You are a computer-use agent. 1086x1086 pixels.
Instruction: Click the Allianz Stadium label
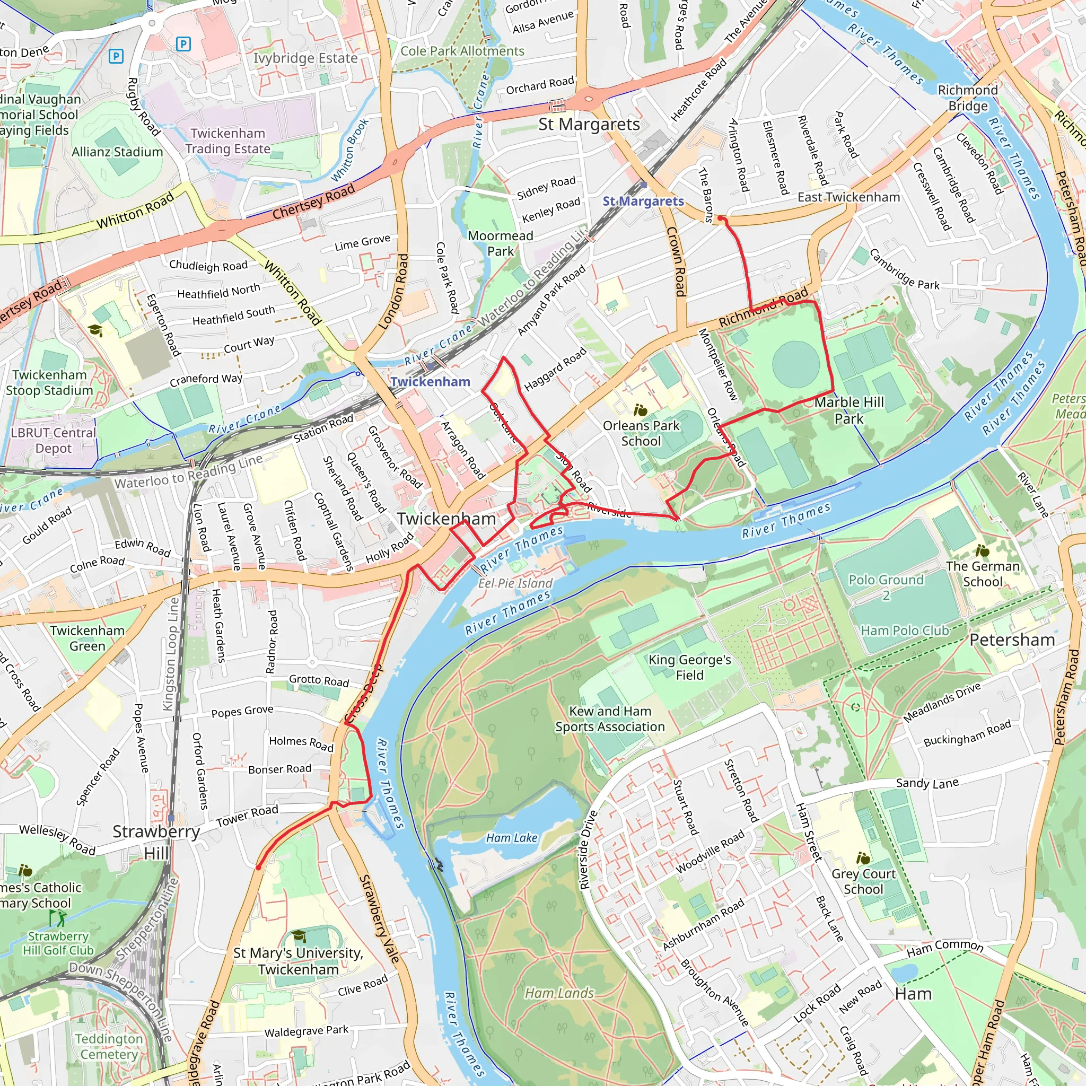(x=117, y=152)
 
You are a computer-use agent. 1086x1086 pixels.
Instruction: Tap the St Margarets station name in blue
(x=643, y=201)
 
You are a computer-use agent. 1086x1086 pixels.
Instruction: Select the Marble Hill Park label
(x=849, y=410)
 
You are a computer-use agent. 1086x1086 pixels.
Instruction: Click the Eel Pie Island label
(x=515, y=583)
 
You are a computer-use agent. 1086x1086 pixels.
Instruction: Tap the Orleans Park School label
(x=641, y=433)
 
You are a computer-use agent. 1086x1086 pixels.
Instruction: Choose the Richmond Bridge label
(x=967, y=98)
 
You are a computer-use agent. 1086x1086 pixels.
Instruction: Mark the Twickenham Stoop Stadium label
(x=49, y=383)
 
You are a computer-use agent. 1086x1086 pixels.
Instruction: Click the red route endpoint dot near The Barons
(x=720, y=218)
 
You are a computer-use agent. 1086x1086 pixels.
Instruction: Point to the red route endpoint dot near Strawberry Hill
(x=259, y=868)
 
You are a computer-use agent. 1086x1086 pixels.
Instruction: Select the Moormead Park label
(x=500, y=243)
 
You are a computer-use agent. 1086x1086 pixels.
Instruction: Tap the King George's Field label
(x=690, y=667)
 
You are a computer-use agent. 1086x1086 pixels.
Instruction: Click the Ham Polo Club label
(x=905, y=630)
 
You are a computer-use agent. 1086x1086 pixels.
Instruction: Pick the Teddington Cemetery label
(x=109, y=1047)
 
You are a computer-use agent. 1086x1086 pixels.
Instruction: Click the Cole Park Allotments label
(x=462, y=51)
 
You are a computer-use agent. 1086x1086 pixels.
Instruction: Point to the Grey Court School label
(x=863, y=881)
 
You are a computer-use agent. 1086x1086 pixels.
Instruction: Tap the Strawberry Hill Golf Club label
(x=58, y=943)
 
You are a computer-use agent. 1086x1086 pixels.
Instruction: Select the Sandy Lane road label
(x=927, y=783)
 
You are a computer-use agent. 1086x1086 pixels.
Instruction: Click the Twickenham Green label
(x=87, y=638)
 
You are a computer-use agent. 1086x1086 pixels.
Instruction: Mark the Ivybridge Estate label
(x=305, y=58)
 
